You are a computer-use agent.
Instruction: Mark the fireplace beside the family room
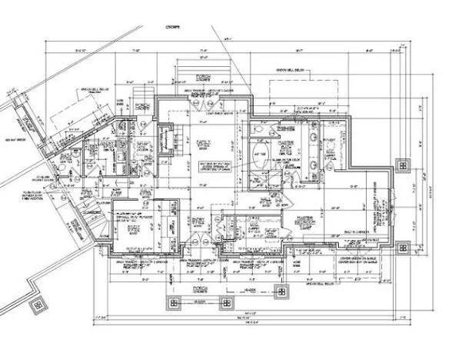coord(167,141)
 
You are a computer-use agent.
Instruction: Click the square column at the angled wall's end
coord(37,306)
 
